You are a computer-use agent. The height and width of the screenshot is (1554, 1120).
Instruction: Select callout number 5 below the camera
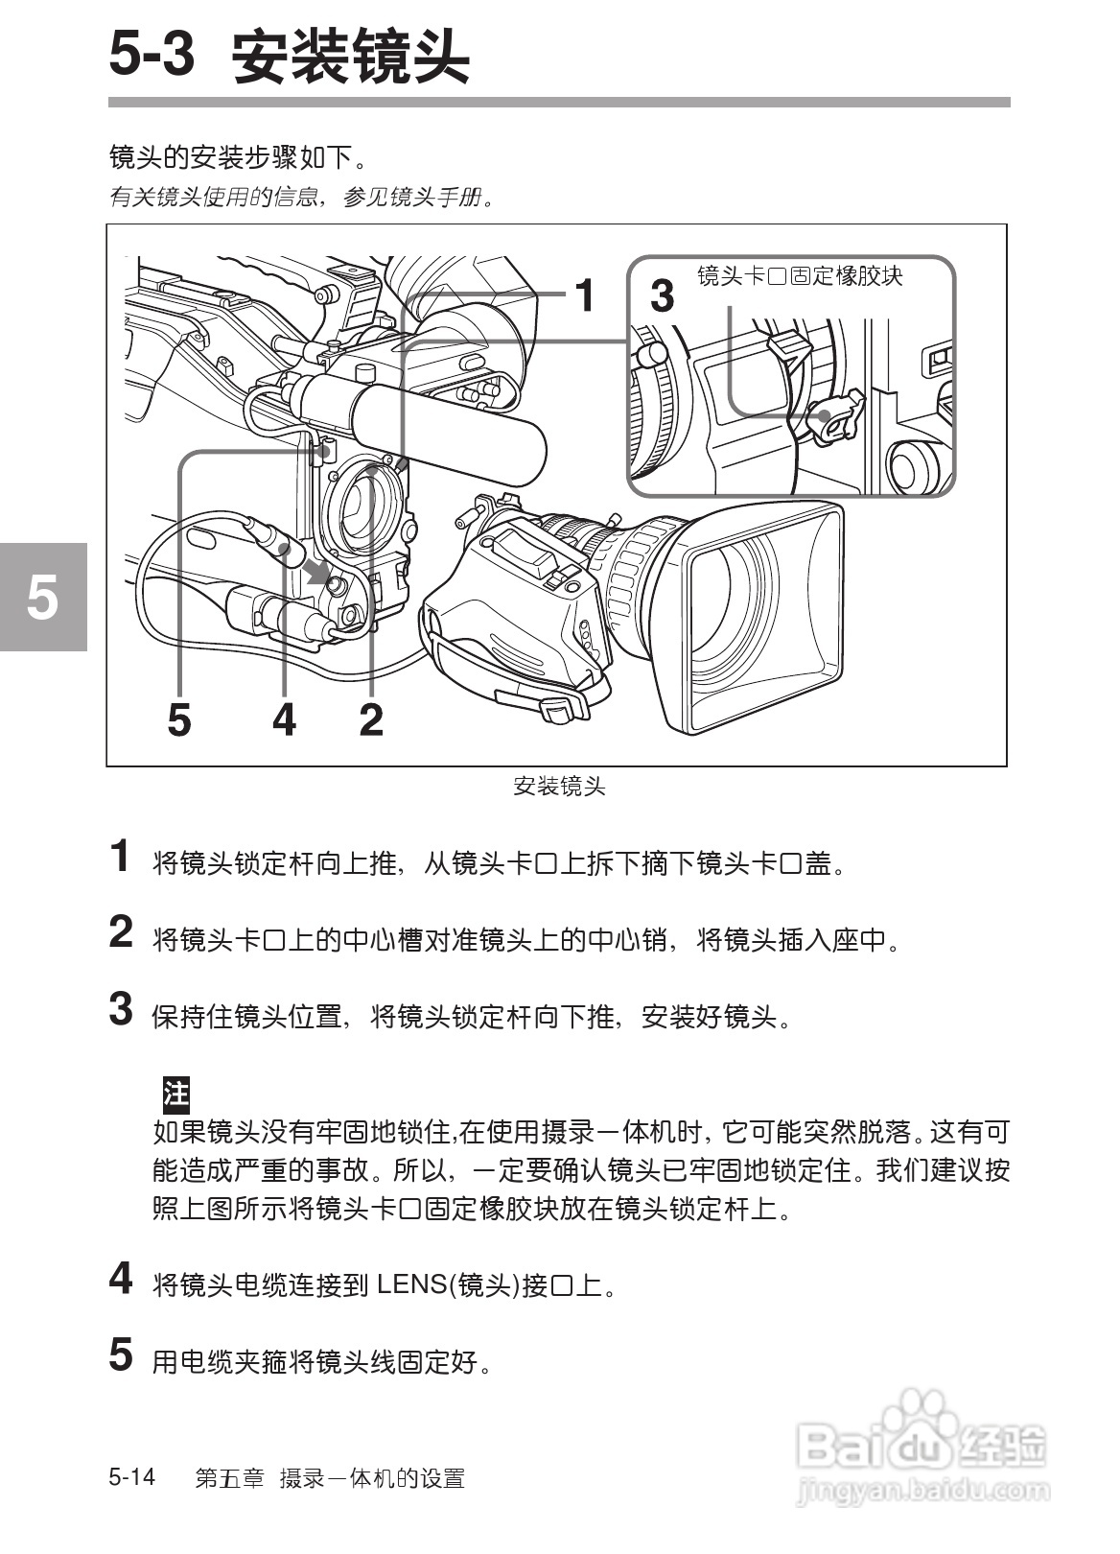point(179,718)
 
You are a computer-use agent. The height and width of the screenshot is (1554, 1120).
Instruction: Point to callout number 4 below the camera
point(284,718)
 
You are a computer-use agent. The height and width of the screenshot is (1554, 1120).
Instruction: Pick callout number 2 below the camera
point(371,718)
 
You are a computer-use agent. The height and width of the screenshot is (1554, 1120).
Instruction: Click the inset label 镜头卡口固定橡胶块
point(800,277)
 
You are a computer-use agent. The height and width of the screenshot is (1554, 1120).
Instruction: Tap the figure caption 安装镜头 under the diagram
point(559,788)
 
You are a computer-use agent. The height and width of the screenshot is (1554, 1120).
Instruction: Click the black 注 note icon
point(175,1093)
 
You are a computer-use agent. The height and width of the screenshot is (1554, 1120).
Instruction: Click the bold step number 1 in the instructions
point(121,857)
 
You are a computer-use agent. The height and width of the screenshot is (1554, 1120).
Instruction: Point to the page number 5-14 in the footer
point(132,1476)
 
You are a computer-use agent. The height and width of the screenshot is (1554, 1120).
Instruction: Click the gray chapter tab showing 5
point(42,597)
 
